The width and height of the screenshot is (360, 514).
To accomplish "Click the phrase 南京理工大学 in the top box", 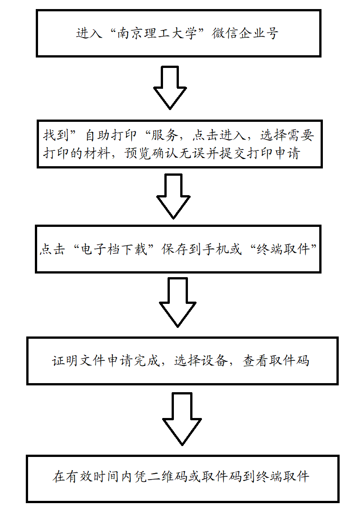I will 158,34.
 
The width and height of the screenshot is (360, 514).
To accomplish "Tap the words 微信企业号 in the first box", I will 245,34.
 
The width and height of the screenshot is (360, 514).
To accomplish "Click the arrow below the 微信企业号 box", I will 170,87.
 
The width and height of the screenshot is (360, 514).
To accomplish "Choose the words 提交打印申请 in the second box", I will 260,154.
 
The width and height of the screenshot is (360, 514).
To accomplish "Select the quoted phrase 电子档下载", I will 113,250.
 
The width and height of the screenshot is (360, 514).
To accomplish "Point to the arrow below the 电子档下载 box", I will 178,302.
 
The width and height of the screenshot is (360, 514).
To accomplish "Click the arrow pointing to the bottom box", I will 181,418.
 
